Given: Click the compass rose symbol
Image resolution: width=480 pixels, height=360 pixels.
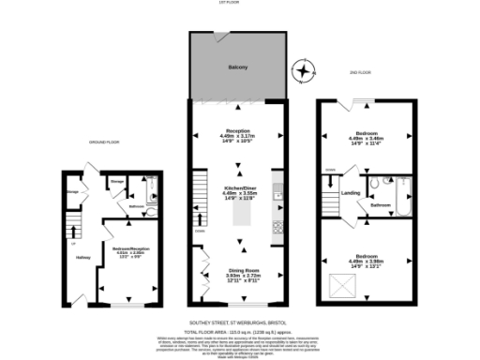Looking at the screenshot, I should pyautogui.click(x=302, y=69).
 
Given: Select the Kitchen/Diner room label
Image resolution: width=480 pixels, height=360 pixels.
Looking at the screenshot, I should pyautogui.click(x=239, y=162).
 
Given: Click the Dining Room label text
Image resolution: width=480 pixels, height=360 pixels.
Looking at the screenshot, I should pyautogui.click(x=244, y=271).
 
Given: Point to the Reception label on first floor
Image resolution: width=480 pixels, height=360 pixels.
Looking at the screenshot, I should pyautogui.click(x=239, y=130).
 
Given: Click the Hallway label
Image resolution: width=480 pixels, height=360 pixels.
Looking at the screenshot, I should pyautogui.click(x=82, y=258).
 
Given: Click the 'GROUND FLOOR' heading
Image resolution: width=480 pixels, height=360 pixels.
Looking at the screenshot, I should pyautogui.click(x=105, y=142).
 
